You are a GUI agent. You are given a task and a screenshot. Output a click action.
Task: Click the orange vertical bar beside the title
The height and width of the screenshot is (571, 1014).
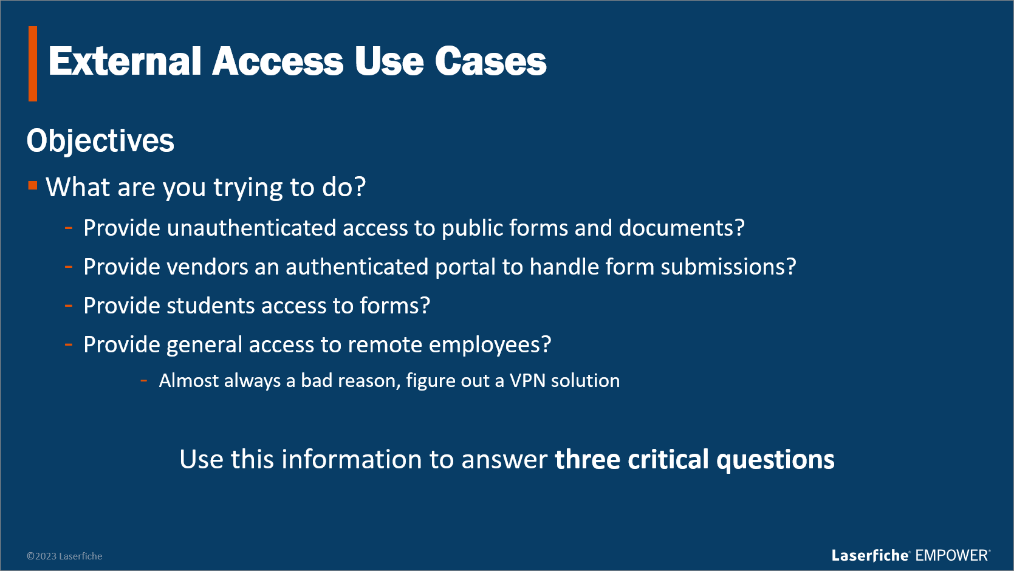pos(33,63)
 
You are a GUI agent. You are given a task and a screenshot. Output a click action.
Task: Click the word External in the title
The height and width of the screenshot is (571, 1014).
pos(125,61)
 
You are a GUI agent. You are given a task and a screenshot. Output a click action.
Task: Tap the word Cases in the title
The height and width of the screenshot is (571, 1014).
pos(491,61)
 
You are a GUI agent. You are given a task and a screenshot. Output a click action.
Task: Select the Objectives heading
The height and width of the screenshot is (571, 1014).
pos(100,141)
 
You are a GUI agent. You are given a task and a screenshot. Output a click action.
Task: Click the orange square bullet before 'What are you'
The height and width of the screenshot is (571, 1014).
pos(33,185)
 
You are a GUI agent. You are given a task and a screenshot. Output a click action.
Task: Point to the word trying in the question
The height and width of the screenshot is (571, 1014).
pos(248,188)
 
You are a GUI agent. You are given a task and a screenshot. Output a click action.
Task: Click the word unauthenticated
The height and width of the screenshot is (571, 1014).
pos(252,228)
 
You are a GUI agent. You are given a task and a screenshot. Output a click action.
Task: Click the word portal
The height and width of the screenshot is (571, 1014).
pos(465,267)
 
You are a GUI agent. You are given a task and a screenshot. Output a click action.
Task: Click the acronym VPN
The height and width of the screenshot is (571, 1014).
pos(527,380)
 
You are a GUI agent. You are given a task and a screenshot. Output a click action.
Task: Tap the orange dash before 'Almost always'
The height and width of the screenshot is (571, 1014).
pos(144,380)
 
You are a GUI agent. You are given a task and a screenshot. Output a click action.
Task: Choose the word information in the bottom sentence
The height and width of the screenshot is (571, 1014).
pos(352,460)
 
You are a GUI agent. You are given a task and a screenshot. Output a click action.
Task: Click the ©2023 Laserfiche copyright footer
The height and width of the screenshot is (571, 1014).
pos(64,556)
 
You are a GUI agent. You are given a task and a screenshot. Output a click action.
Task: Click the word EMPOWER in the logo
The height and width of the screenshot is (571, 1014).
pos(951,556)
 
